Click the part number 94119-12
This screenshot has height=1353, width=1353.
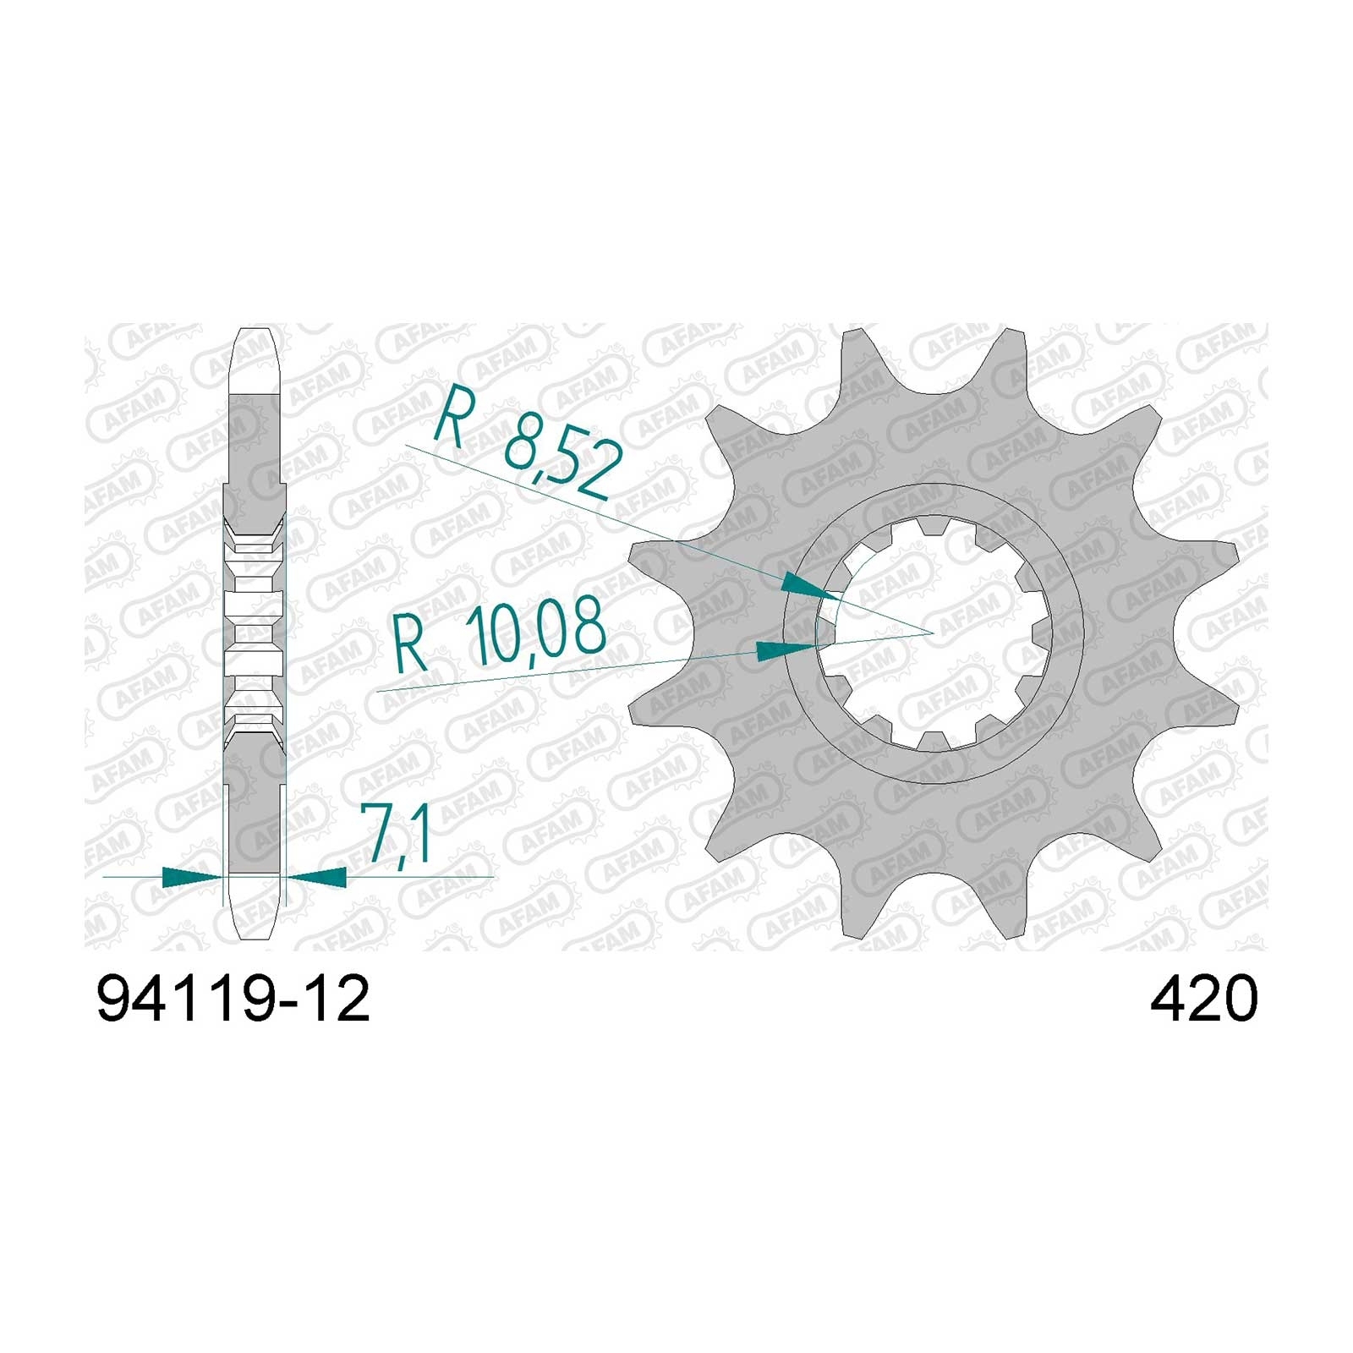233,1000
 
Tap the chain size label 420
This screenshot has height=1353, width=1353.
1203,1000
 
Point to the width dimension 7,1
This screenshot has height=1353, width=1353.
396,834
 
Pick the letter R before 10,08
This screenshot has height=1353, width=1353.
412,647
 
